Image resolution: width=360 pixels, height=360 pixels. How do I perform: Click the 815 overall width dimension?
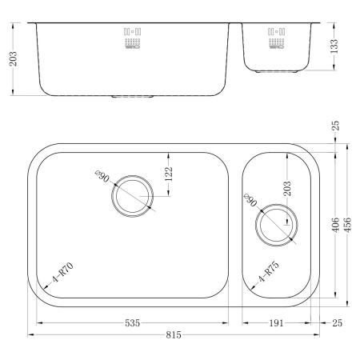(174, 334)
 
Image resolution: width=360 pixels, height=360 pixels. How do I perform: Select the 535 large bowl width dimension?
(132, 323)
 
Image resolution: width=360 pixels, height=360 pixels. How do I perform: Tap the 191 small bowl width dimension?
(276, 323)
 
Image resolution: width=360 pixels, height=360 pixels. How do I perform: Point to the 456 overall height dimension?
(348, 225)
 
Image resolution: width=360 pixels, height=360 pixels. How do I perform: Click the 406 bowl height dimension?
(336, 225)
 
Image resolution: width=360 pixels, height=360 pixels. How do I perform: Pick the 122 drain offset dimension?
(169, 174)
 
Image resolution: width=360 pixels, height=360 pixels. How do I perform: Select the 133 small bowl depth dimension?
(334, 46)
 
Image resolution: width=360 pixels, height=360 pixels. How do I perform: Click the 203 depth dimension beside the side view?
(13, 58)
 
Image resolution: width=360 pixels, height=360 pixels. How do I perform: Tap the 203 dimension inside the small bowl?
(287, 189)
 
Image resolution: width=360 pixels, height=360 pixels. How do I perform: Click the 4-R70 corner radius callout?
(62, 272)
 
